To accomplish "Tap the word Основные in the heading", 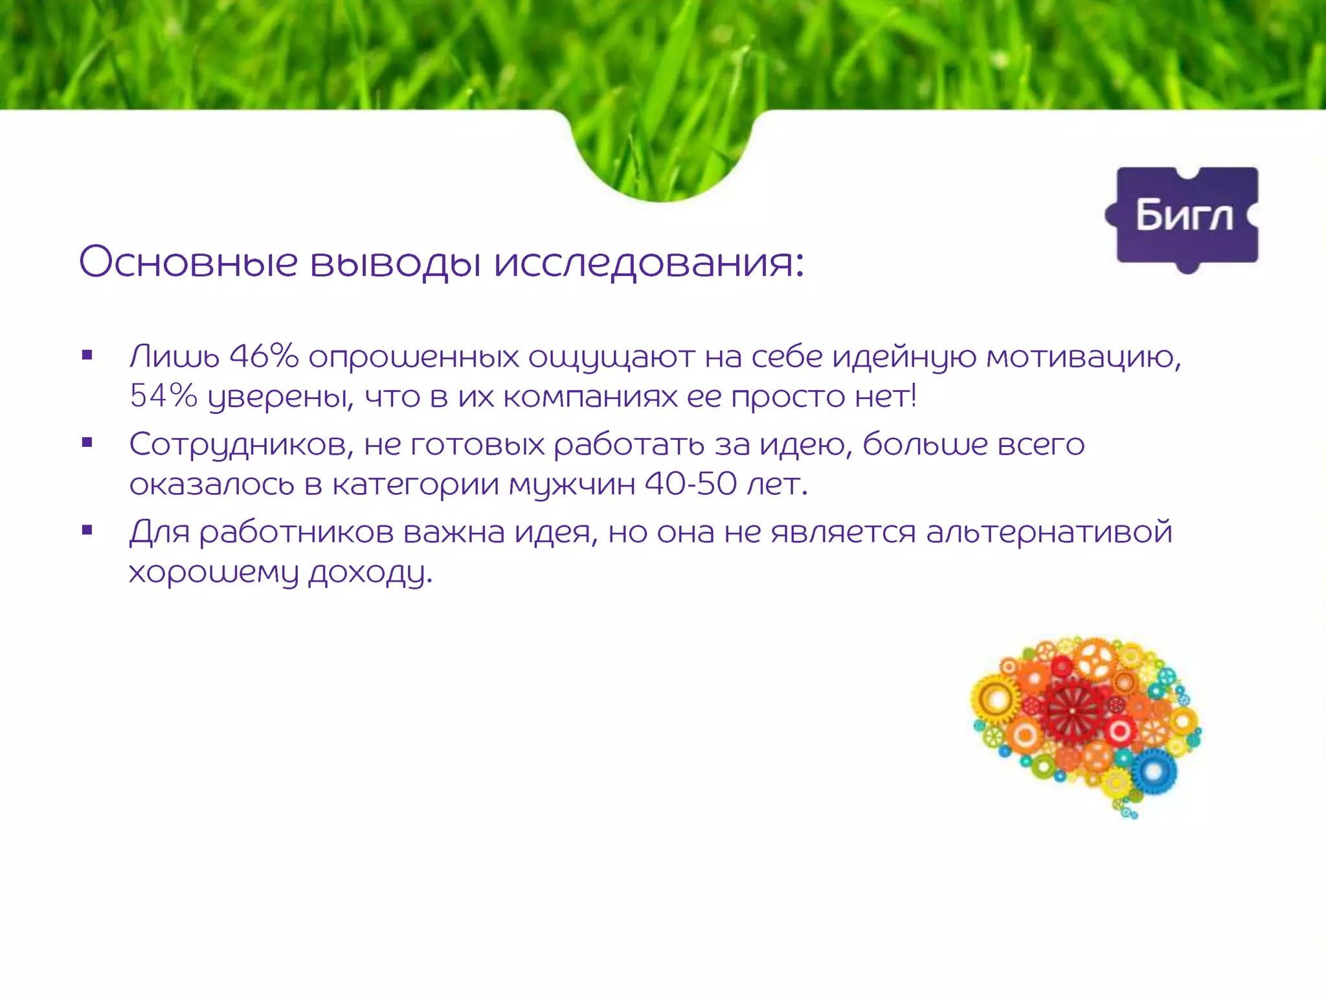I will click(188, 262).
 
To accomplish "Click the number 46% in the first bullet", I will click(264, 356).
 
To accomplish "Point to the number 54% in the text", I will click(163, 396).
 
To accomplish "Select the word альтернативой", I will click(1049, 532).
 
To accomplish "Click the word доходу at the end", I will click(370, 573).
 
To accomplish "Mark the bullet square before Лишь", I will click(87, 355).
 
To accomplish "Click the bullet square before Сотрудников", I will click(87, 443).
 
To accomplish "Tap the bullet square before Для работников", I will click(87, 531).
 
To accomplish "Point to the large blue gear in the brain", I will click(1153, 771).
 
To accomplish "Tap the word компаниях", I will click(590, 396).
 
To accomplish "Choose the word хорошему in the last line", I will click(214, 573).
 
